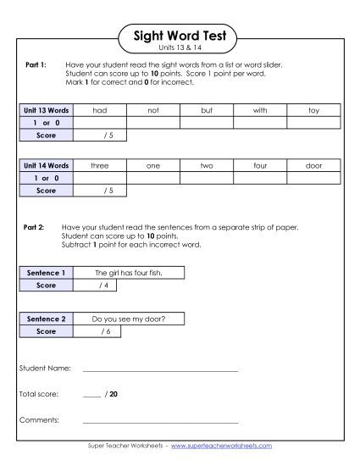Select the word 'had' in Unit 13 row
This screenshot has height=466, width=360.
point(100,110)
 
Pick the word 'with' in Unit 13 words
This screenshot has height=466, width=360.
point(260,110)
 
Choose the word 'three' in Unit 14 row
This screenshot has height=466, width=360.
point(100,166)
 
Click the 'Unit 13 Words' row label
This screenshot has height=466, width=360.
point(45,110)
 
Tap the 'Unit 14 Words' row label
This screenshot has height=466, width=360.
point(45,166)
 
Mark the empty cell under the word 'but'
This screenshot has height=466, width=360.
point(207,122)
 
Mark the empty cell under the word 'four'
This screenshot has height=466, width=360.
point(260,178)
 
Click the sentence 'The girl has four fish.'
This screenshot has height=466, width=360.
point(129,273)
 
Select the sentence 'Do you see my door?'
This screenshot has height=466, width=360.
point(129,319)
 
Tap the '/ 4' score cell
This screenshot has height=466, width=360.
point(103,286)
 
